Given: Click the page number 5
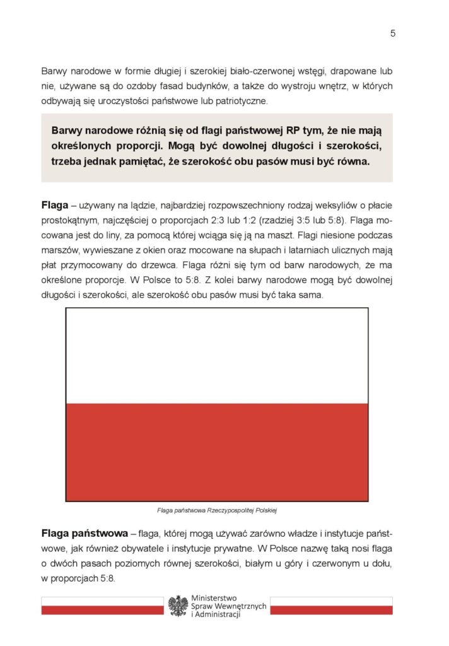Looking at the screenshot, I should [x=392, y=34].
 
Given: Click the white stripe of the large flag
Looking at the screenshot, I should [x=217, y=355].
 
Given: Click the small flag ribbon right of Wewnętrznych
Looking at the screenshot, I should [x=331, y=606].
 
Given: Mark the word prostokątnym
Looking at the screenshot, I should [x=69, y=221].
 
